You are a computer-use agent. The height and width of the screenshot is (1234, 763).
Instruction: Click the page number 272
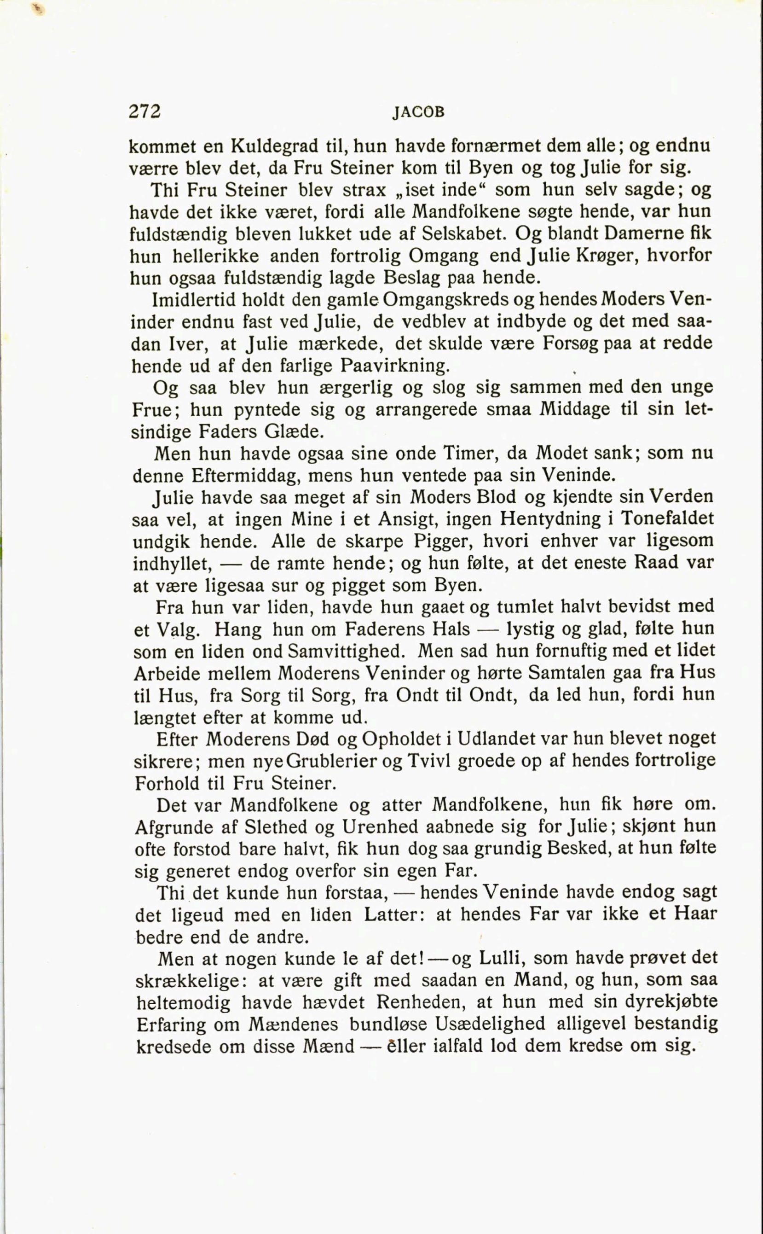click(x=145, y=111)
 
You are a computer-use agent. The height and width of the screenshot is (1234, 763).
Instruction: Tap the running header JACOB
click(x=419, y=113)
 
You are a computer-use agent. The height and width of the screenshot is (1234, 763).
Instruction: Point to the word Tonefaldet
click(x=667, y=519)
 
